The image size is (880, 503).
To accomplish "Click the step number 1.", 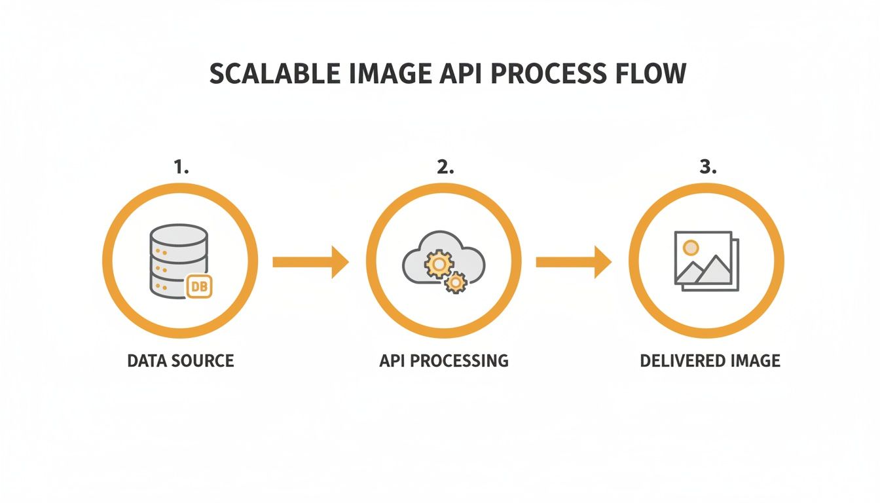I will (x=181, y=167).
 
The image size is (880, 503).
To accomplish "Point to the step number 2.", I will (x=445, y=167).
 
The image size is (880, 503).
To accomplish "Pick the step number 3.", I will (x=708, y=167).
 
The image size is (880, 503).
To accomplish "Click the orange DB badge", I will (x=199, y=287).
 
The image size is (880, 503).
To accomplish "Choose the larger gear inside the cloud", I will (x=438, y=265).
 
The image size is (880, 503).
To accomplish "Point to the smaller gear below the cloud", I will (x=455, y=283).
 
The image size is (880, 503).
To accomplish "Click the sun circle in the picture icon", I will (x=690, y=248).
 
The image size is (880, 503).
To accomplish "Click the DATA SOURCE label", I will (x=181, y=360).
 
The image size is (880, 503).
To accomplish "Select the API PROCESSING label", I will (x=444, y=360).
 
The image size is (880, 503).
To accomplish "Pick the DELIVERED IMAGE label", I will (x=710, y=360).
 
